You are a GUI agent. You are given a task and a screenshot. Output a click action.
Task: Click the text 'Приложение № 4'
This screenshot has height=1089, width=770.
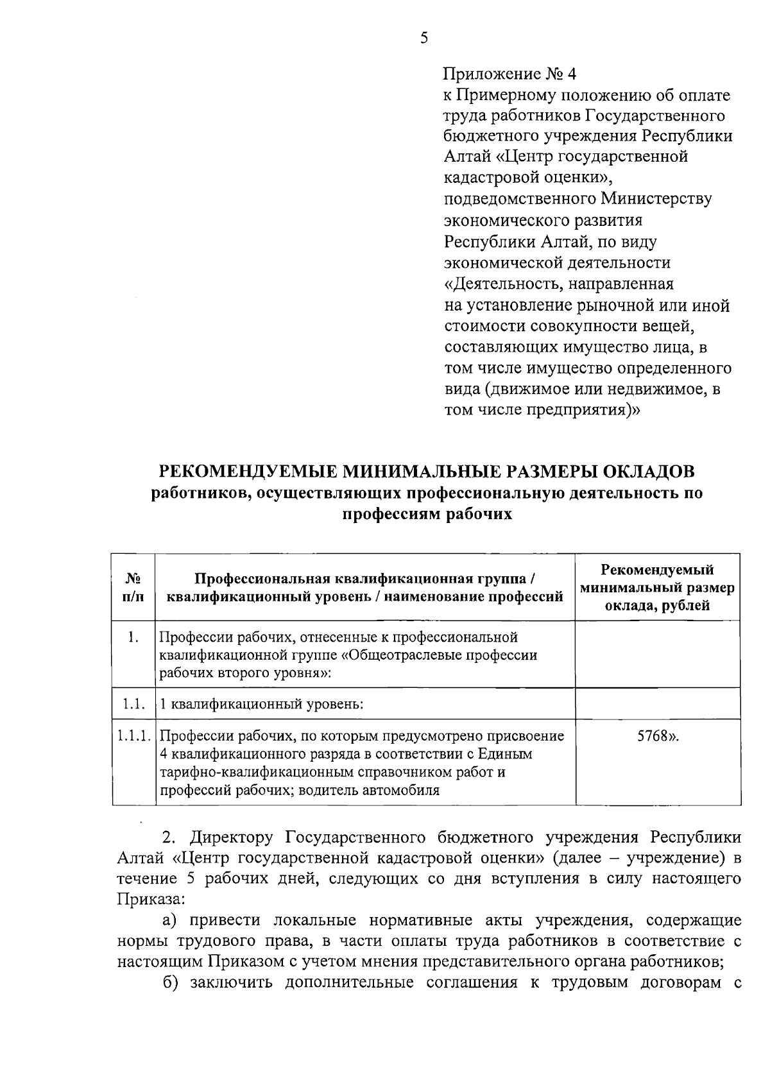pos(510,74)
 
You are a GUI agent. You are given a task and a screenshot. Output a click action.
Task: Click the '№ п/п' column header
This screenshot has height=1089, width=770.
pos(133,587)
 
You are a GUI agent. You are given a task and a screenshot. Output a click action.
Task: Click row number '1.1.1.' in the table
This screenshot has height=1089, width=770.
pos(134,736)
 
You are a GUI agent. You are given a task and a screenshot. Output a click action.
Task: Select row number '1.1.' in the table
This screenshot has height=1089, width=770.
pos(133,704)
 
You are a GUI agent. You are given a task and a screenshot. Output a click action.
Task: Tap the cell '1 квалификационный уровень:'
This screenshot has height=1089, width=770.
pos(262,704)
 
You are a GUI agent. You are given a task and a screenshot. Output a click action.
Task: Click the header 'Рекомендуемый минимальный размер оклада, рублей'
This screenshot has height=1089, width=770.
pos(657,587)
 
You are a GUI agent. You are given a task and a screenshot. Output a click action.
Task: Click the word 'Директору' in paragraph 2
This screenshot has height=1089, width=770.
pos(230,838)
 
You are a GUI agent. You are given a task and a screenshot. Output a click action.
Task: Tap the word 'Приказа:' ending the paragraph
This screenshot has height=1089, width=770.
pos(150,898)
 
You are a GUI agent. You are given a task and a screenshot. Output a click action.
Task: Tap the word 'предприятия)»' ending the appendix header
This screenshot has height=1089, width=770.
pos(584,409)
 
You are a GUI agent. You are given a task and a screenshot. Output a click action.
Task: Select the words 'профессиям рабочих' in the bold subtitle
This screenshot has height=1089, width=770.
pos(427,514)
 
